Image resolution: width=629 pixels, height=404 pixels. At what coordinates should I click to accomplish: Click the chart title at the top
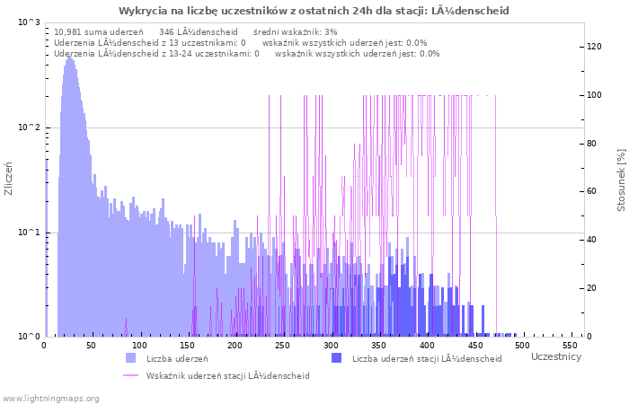(314, 11)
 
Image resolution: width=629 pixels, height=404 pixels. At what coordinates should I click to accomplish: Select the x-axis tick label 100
(139, 346)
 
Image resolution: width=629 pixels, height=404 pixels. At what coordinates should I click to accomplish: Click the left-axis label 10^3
(29, 22)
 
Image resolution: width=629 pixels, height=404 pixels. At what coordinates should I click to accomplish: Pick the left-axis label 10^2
(29, 127)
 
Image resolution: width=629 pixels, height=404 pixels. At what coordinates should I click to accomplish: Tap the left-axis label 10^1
(29, 233)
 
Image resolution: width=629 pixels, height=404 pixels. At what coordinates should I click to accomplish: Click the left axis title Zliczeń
(9, 179)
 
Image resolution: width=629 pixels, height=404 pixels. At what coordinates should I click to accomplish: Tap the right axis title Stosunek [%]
(620, 180)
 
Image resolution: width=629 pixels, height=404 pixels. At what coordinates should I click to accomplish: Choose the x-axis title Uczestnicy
(556, 357)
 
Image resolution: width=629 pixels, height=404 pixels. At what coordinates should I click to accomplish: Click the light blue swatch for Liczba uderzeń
(131, 358)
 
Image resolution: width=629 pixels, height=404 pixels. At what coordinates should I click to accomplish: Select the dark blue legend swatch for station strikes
(336, 358)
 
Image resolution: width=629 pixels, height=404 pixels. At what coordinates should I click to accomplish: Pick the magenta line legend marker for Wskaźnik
(131, 375)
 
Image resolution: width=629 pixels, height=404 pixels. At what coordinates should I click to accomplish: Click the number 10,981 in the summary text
(72, 31)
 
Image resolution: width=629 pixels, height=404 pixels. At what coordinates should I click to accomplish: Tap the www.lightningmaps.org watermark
(50, 398)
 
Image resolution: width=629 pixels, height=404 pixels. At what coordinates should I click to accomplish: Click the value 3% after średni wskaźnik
(331, 31)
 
